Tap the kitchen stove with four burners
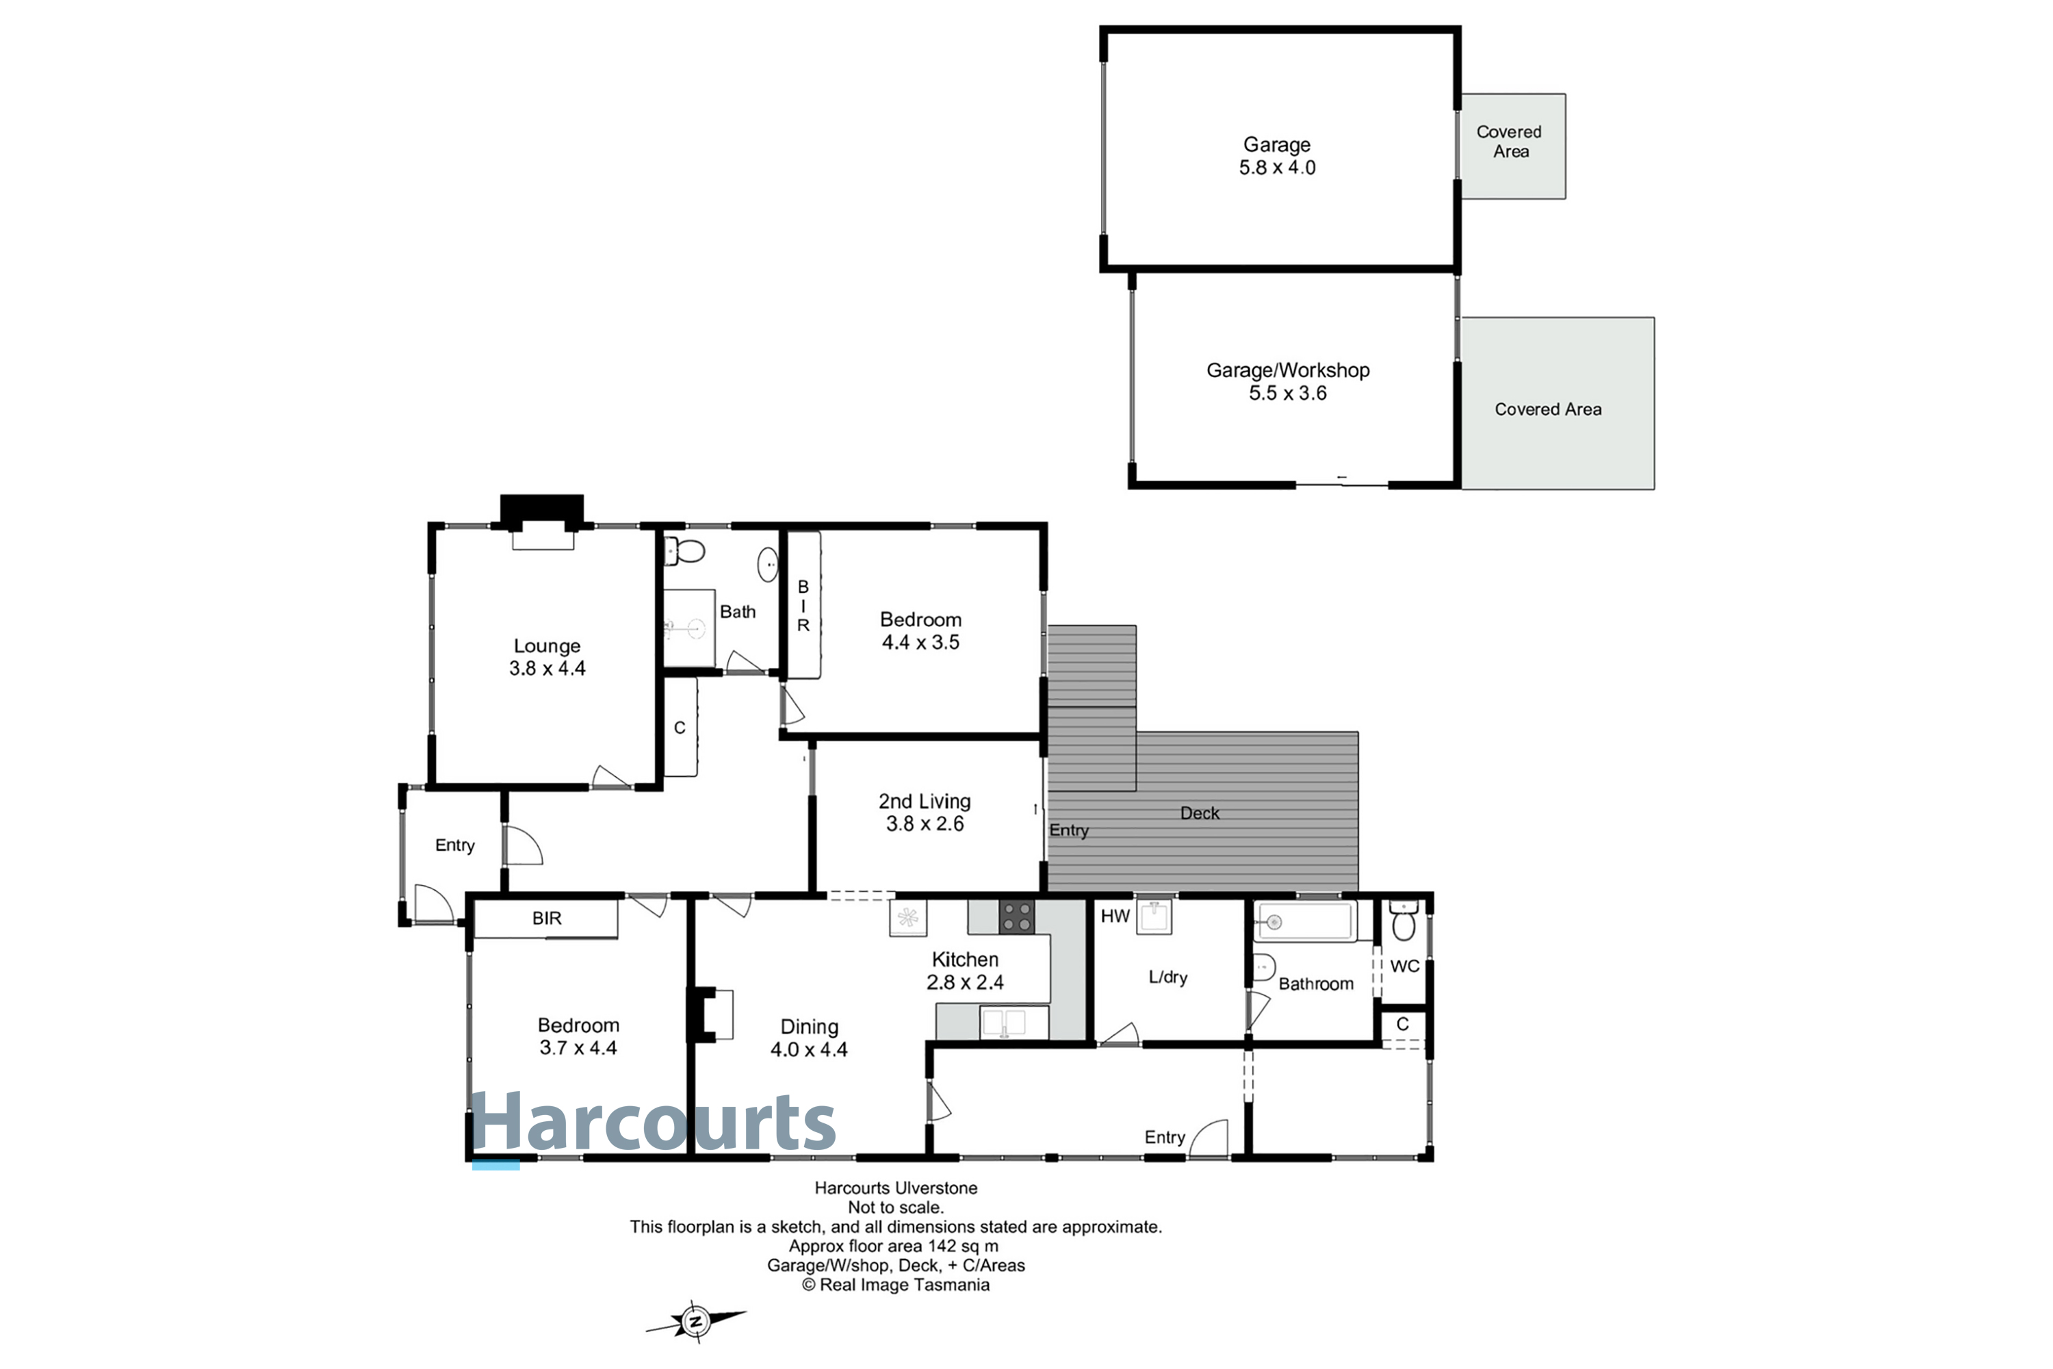[1017, 917]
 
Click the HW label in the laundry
[1115, 916]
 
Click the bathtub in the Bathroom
[1305, 921]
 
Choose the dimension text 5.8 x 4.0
[1277, 168]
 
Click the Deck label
[1200, 813]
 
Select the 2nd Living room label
[925, 802]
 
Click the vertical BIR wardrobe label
[803, 606]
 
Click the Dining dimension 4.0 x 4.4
[808, 1049]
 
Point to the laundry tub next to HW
[1154, 917]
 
